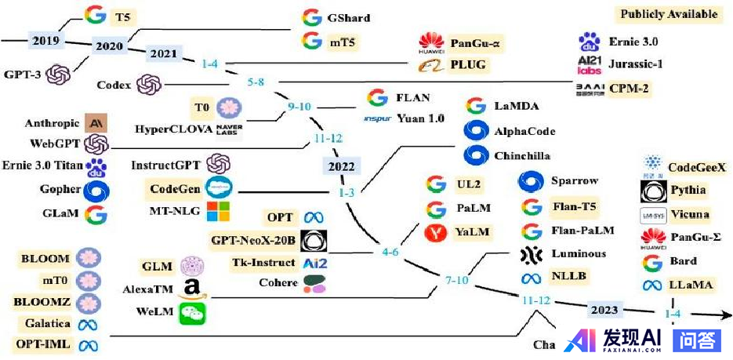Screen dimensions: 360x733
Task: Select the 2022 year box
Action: (x=342, y=166)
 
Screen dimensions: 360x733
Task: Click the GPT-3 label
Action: (x=24, y=75)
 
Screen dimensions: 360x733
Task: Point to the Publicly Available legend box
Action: (x=669, y=14)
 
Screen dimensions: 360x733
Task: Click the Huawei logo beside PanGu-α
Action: (x=430, y=42)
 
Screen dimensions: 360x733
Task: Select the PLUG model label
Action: (x=468, y=64)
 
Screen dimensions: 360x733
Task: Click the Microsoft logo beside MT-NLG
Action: (x=217, y=210)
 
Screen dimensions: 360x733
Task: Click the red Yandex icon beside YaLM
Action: (x=437, y=232)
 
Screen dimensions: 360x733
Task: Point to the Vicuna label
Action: (x=690, y=214)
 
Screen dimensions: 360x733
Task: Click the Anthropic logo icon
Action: (x=96, y=123)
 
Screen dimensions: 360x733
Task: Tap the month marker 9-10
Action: (x=299, y=106)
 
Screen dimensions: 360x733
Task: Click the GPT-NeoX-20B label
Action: (x=252, y=239)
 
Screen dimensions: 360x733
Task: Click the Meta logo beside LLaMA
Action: (x=652, y=285)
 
